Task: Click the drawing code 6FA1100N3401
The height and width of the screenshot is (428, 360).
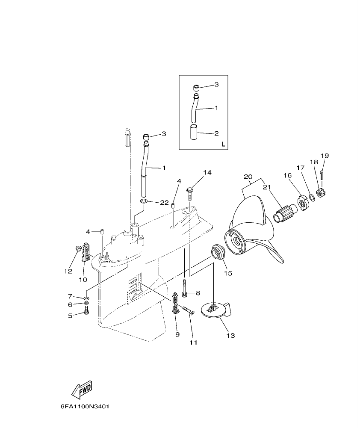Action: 85,407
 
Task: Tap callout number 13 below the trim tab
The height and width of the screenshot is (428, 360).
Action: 230,336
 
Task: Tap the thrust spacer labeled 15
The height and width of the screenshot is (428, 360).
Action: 218,252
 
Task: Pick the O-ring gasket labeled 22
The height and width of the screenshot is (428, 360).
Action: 145,201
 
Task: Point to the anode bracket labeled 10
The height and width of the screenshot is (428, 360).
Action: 86,252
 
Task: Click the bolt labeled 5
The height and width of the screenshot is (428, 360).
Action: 86,314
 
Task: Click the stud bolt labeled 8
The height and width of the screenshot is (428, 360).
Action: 184,287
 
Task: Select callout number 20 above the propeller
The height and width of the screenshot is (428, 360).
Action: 248,177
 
